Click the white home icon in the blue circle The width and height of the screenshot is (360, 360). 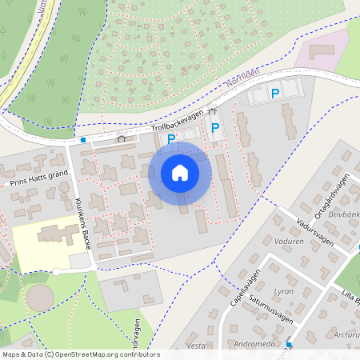click(x=180, y=173)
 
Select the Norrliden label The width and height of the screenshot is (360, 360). click(x=243, y=82)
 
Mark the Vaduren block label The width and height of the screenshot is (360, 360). click(x=288, y=241)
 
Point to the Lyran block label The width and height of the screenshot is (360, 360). click(x=284, y=292)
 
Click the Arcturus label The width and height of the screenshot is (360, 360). click(x=348, y=334)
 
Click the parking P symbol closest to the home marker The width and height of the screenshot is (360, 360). click(x=171, y=139)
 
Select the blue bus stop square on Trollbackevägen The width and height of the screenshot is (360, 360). click(x=83, y=140)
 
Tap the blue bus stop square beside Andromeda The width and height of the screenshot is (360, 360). click(x=289, y=345)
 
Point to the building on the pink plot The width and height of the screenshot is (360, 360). click(x=322, y=50)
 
